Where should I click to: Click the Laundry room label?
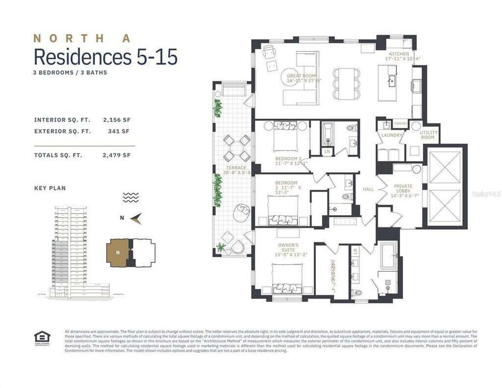click(x=391, y=135)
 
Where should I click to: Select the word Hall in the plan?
click(x=369, y=189)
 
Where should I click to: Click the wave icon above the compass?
click(x=131, y=197)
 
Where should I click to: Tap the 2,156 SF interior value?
click(x=116, y=120)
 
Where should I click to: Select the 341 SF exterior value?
click(x=119, y=131)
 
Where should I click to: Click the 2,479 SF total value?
click(x=116, y=155)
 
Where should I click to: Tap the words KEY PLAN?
click(x=49, y=188)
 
